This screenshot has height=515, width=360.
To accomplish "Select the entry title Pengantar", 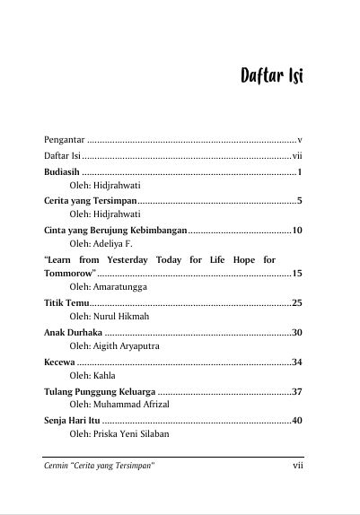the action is point(66,140).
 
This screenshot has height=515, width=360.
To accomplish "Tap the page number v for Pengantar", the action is point(299,140).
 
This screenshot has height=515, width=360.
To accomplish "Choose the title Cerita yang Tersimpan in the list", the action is point(91,201).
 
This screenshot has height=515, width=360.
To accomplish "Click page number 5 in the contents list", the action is point(299,201).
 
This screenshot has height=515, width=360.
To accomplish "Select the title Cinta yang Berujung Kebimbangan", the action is point(115,231).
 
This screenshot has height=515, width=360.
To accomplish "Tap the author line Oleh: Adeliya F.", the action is point(101,243).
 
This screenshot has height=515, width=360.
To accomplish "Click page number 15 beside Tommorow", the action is point(296,273).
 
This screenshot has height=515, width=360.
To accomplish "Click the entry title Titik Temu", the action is point(66,303).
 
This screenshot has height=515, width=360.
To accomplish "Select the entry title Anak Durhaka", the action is point(73,333).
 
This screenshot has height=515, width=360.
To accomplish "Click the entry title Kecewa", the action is point(59,362).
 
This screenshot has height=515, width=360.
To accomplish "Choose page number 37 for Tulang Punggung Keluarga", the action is point(296,391).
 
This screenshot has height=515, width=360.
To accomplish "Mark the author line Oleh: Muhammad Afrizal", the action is point(119,405).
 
